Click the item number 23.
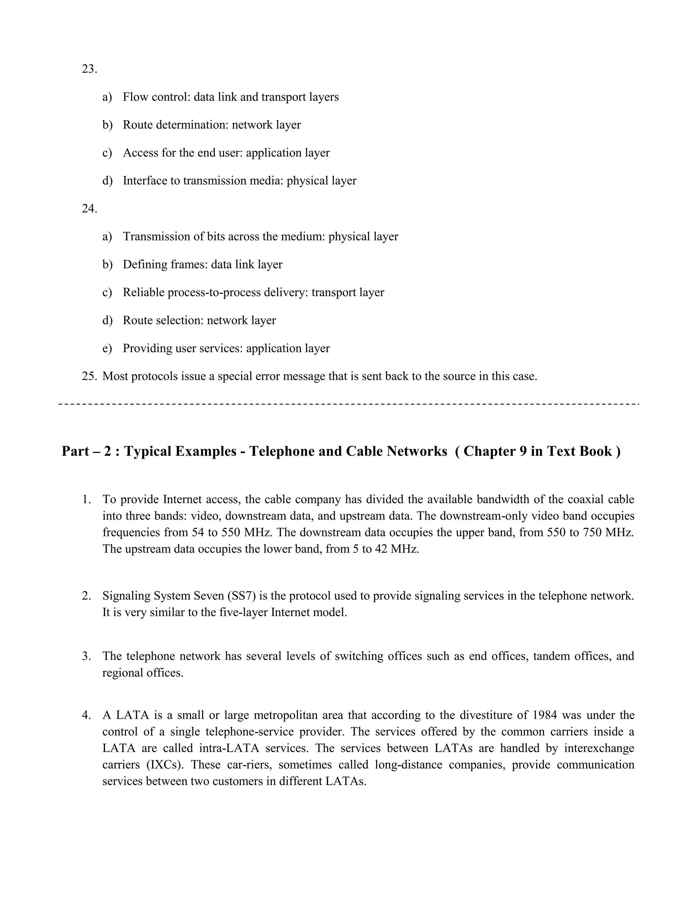tap(89, 69)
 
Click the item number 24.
tap(89, 209)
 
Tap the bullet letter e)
tap(107, 348)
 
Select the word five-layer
tap(242, 612)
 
